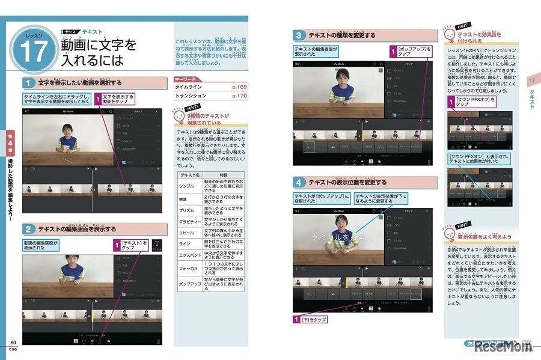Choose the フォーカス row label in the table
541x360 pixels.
(x=190, y=269)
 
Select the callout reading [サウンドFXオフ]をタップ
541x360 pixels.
(x=472, y=102)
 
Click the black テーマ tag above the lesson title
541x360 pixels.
(x=72, y=32)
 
